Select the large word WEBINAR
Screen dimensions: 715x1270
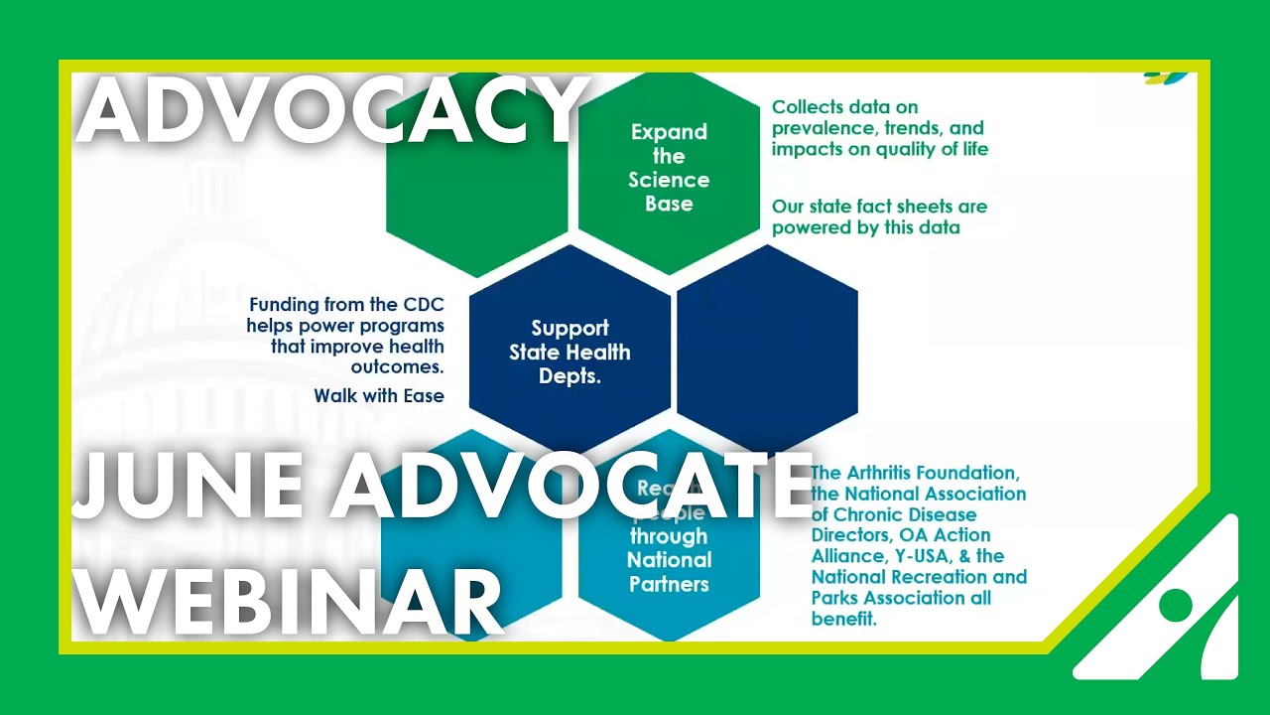tap(288, 601)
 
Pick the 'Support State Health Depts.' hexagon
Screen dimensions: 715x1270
tap(570, 352)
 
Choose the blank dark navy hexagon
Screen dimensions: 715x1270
tap(767, 348)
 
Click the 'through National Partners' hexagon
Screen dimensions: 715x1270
tap(669, 556)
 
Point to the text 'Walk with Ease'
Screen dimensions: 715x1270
tap(379, 396)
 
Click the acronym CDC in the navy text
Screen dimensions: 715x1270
tap(418, 304)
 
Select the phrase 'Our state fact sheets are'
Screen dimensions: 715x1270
tap(879, 207)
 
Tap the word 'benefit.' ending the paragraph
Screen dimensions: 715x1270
tap(843, 620)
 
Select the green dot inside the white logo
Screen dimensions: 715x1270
tap(1176, 604)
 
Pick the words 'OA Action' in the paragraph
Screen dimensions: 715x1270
tap(945, 535)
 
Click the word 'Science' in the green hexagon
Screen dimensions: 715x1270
tap(669, 180)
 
